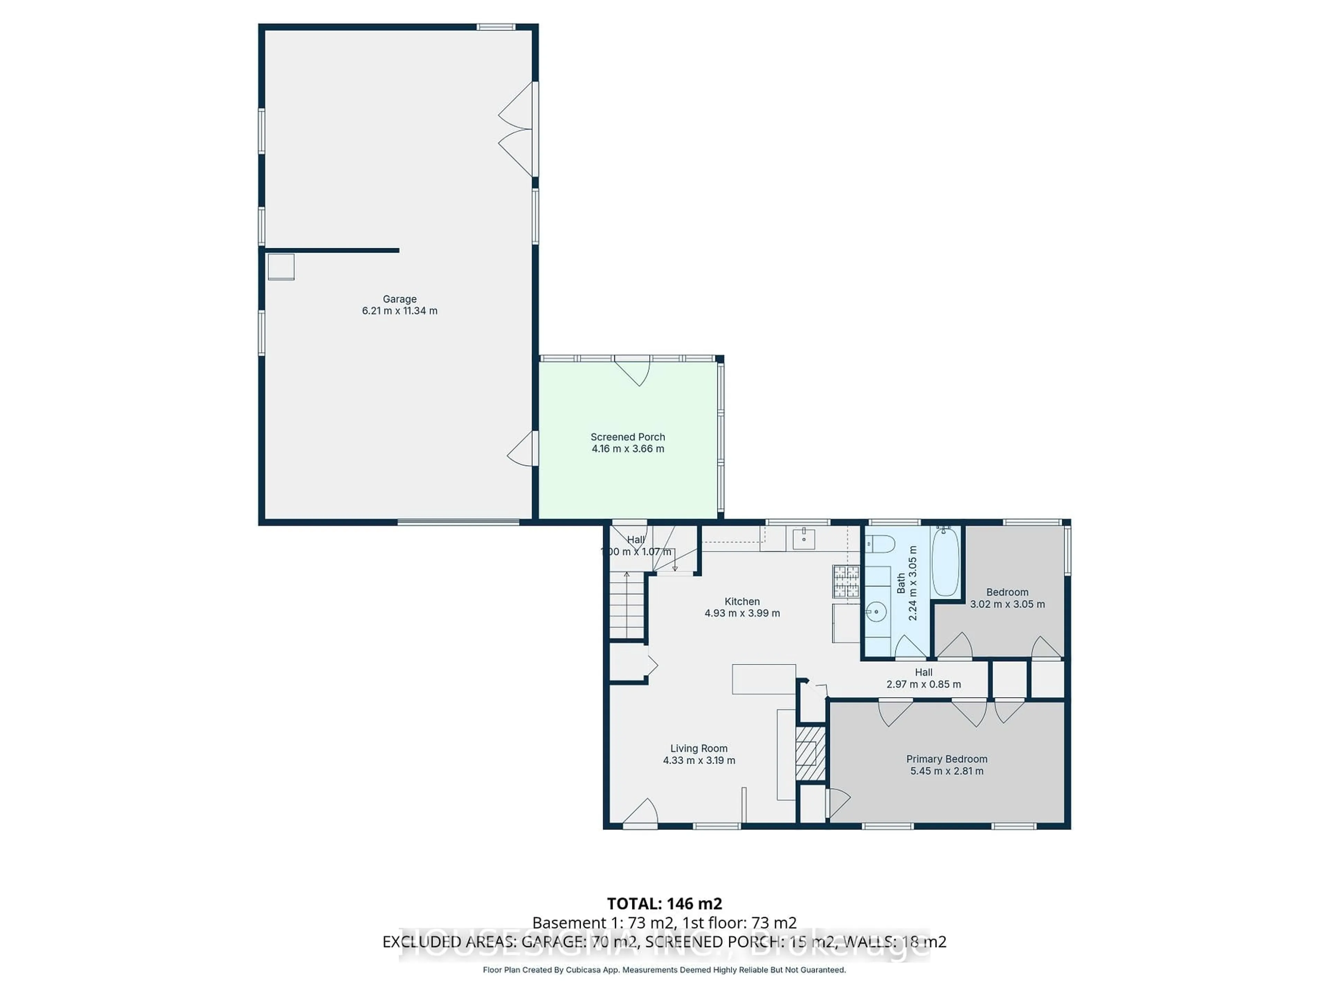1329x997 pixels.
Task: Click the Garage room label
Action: (399, 299)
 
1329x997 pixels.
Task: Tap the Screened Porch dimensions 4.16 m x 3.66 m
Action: (628, 449)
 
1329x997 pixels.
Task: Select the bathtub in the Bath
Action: (946, 562)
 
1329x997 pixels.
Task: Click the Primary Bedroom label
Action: (947, 759)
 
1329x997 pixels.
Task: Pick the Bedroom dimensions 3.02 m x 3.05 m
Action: (1007, 604)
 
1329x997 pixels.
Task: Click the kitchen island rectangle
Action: (763, 679)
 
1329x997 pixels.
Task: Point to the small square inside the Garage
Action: (281, 267)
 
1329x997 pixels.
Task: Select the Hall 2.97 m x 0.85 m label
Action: (923, 678)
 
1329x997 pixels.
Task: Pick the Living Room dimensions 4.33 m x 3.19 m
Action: (699, 760)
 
